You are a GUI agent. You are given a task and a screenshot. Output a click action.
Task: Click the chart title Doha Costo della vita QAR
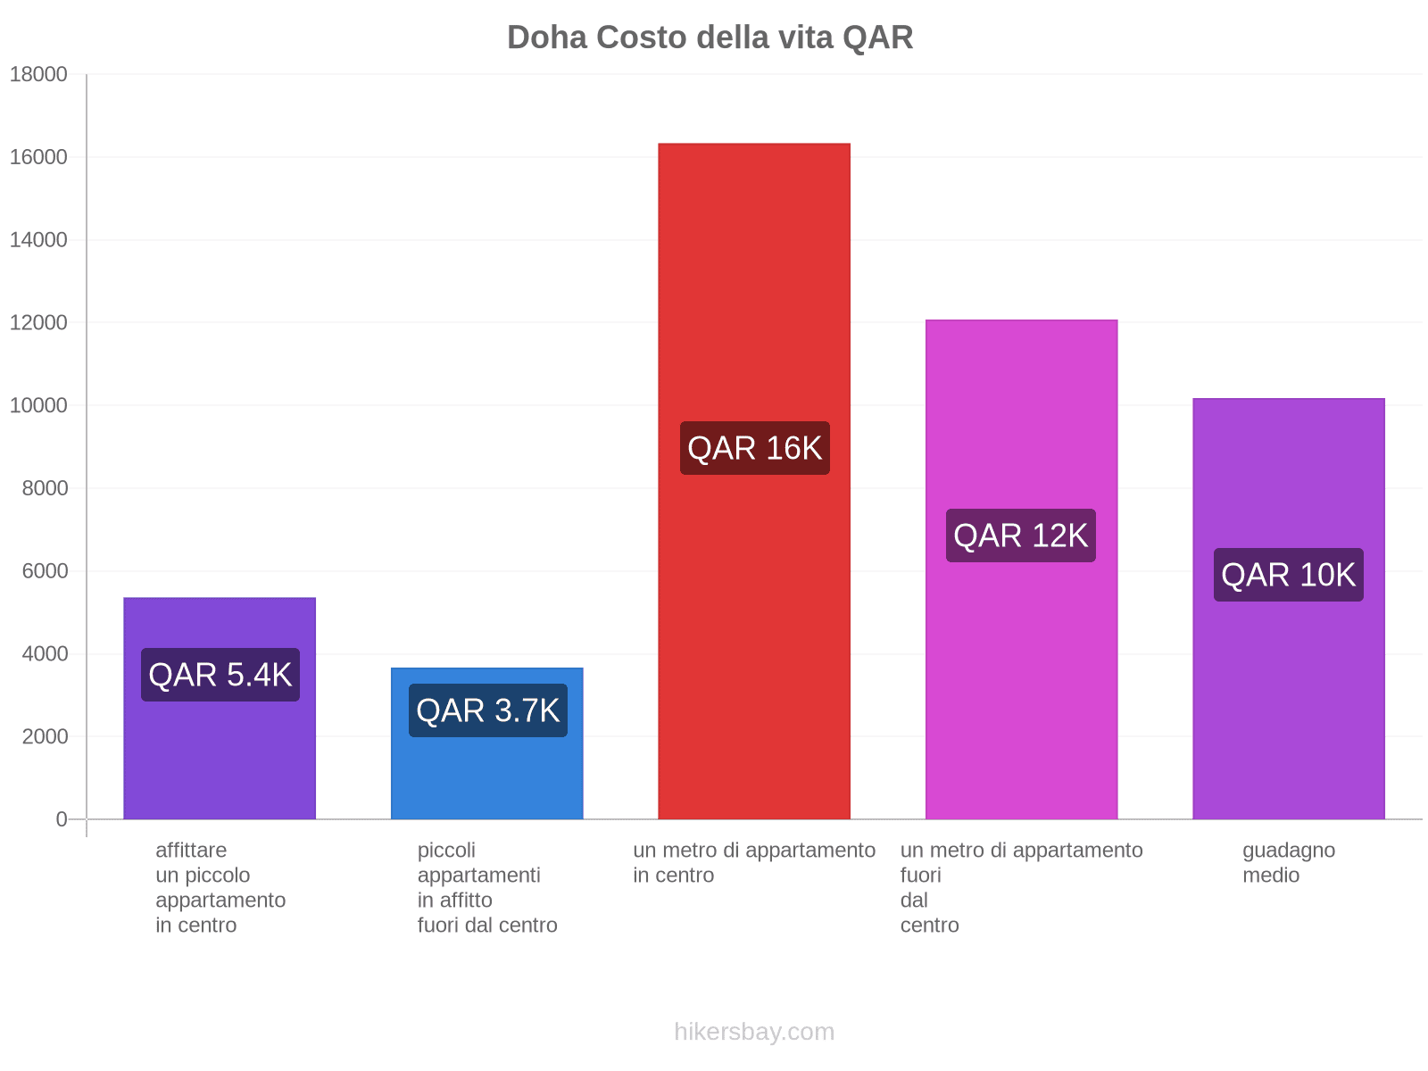pos(710,37)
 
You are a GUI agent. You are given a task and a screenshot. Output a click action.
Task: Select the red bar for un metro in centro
pos(754,268)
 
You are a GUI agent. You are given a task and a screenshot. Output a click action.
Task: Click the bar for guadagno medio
pos(1288,464)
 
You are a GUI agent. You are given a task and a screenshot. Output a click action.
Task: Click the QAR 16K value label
pos(755,448)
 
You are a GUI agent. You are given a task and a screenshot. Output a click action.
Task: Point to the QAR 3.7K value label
pos(488,710)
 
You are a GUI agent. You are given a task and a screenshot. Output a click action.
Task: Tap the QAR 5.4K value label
pos(220,675)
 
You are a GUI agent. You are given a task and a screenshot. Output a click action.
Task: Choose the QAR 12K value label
pos(1021,535)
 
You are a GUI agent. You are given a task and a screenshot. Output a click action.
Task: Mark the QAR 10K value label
pos(1289,575)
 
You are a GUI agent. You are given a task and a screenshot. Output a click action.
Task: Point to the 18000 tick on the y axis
pos(39,75)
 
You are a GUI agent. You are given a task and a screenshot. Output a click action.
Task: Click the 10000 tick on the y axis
pos(39,406)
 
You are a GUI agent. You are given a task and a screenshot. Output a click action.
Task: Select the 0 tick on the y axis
pos(62,819)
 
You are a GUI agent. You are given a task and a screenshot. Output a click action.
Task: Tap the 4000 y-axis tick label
pos(44,654)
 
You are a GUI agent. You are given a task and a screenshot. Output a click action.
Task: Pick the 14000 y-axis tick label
pos(39,240)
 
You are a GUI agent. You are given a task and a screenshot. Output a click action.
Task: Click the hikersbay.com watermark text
pos(754,1032)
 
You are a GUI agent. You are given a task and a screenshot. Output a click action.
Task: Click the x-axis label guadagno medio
pos(1289,862)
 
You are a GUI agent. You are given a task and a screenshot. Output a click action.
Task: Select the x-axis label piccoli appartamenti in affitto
pos(487,887)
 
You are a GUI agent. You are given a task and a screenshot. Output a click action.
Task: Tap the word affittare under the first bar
pos(191,850)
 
